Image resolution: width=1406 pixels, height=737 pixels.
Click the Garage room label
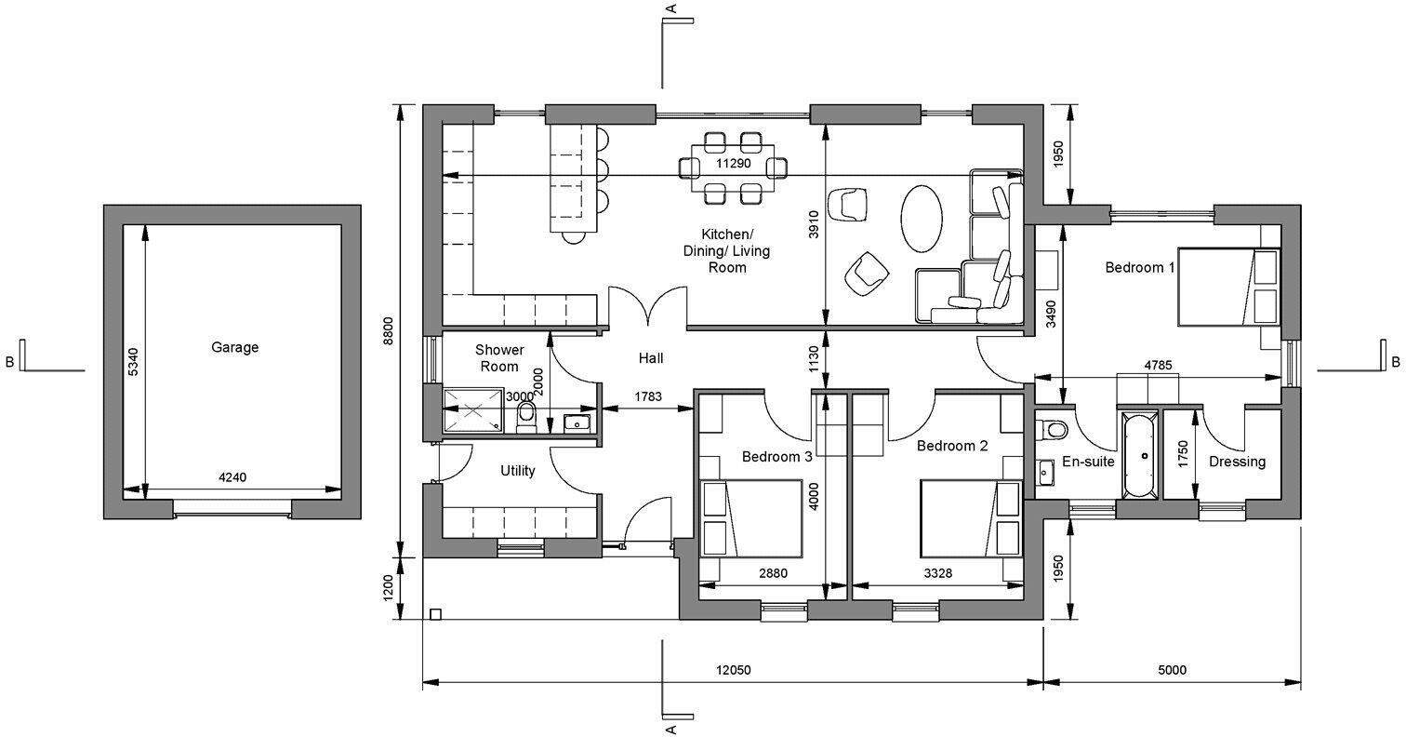tap(234, 347)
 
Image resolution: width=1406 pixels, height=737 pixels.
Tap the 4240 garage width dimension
tap(232, 477)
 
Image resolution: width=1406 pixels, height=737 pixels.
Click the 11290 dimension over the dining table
tap(733, 163)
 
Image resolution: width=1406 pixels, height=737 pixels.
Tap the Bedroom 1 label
tap(1140, 267)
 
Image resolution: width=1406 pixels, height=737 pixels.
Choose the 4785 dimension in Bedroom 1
tap(1158, 366)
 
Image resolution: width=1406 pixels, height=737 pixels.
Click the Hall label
tap(651, 357)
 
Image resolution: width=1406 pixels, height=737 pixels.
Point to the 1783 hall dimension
tap(647, 397)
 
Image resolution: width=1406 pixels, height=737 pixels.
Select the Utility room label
tap(518, 471)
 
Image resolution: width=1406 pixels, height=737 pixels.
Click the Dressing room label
tap(1237, 462)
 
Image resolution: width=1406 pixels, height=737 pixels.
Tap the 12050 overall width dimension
tap(733, 670)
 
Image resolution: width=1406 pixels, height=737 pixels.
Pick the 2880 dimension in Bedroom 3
tap(773, 573)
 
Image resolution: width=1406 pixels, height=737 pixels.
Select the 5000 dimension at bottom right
tap(1172, 670)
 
